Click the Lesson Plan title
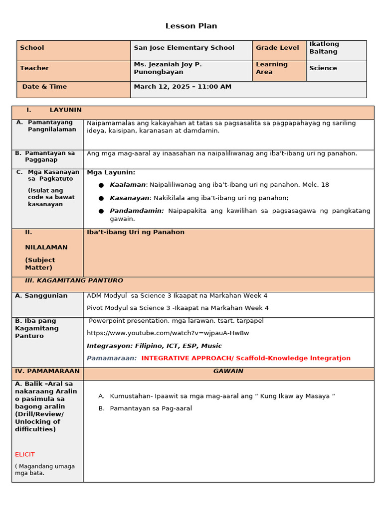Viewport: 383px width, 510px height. click(191, 26)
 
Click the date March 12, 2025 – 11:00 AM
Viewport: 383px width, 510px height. click(183, 87)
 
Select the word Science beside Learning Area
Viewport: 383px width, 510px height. click(323, 68)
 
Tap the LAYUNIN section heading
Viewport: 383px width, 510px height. click(65, 110)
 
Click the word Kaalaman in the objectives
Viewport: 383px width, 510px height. click(128, 185)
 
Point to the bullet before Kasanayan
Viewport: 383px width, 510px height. click(101, 198)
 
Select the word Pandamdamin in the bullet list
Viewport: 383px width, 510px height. click(137, 211)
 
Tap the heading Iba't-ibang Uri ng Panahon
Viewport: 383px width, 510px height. click(136, 232)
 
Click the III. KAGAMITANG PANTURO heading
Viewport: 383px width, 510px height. click(74, 281)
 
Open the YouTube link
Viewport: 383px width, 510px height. click(168, 333)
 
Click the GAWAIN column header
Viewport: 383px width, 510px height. click(228, 372)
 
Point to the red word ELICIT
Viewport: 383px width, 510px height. click(25, 455)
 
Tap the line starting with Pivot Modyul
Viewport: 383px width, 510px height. click(178, 308)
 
